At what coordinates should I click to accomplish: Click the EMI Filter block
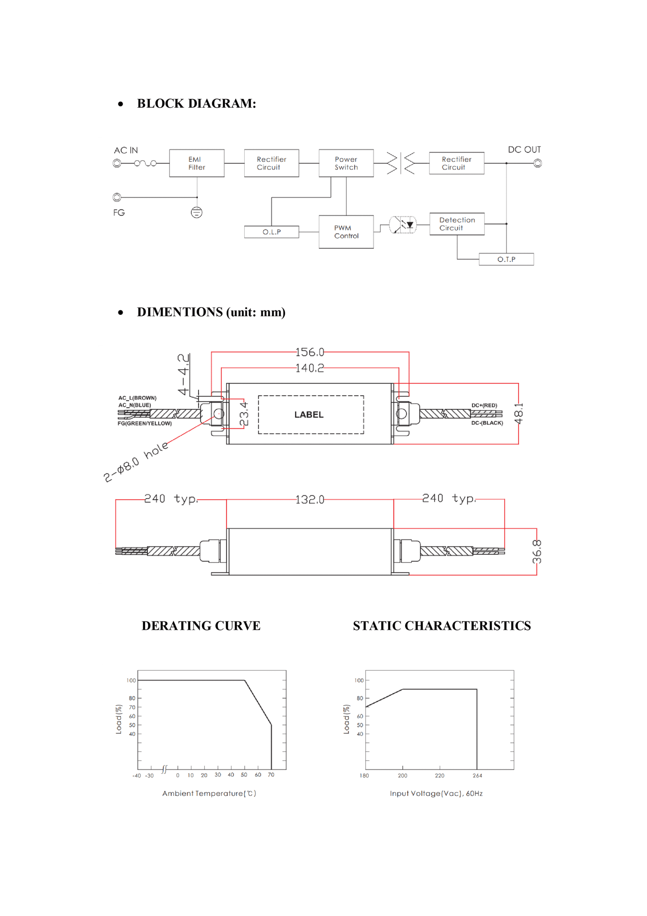click(197, 163)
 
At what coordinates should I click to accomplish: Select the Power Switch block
click(346, 163)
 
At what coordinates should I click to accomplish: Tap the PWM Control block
click(346, 232)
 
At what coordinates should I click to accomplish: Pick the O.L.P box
click(272, 232)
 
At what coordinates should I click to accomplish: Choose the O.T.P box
click(506, 259)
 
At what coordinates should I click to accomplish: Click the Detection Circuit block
click(457, 224)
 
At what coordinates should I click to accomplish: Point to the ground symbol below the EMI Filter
click(197, 212)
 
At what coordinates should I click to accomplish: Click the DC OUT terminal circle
click(537, 163)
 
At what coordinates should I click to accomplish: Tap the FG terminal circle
click(117, 197)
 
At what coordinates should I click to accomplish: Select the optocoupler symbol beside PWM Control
click(403, 225)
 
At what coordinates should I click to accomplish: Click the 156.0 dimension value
click(310, 352)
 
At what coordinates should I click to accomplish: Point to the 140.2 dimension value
click(310, 368)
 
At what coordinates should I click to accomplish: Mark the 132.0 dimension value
click(310, 500)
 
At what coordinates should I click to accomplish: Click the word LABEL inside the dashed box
click(309, 415)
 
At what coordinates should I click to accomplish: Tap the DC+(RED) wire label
click(484, 405)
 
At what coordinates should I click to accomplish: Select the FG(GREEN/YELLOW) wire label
click(144, 423)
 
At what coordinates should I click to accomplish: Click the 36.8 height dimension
click(537, 551)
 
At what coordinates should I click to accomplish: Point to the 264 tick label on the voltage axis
click(477, 776)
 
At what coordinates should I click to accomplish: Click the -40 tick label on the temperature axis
click(137, 776)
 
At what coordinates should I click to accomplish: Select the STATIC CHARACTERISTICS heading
click(442, 626)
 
